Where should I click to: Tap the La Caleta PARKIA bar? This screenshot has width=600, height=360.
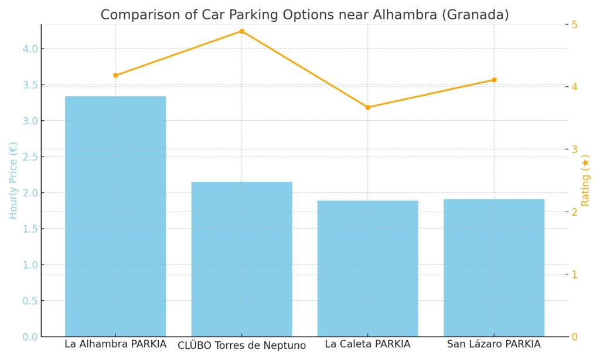tap(368, 268)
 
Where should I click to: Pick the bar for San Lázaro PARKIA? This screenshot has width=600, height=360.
tap(494, 267)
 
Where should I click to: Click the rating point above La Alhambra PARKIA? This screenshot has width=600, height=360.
tap(115, 75)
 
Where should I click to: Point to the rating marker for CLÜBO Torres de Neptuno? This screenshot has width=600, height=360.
tap(241, 31)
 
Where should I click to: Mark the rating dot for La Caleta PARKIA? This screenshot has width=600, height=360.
tap(368, 107)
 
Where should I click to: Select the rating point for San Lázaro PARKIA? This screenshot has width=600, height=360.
tap(494, 80)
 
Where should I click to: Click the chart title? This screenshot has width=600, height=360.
tap(304, 15)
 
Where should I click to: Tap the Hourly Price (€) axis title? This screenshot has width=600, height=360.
tap(13, 181)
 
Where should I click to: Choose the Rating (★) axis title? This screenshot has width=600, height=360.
tap(585, 181)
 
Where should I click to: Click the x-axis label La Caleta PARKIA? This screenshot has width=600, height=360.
tap(368, 344)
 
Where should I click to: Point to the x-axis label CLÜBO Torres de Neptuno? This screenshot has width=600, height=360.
tap(241, 345)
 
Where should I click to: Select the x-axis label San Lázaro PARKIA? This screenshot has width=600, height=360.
tap(494, 344)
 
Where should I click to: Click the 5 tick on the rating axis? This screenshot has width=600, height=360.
tap(575, 25)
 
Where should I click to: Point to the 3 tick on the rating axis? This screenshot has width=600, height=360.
tap(575, 150)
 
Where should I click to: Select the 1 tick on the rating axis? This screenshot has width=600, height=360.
tap(575, 274)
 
